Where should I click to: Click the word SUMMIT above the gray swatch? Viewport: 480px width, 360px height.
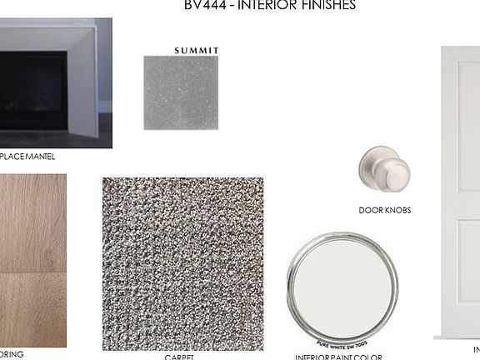tap(197, 50)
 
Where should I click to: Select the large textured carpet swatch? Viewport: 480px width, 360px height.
tap(182, 263)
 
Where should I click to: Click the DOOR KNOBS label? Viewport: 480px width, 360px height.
tap(384, 211)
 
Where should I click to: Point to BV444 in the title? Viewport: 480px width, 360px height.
tap(203, 6)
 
